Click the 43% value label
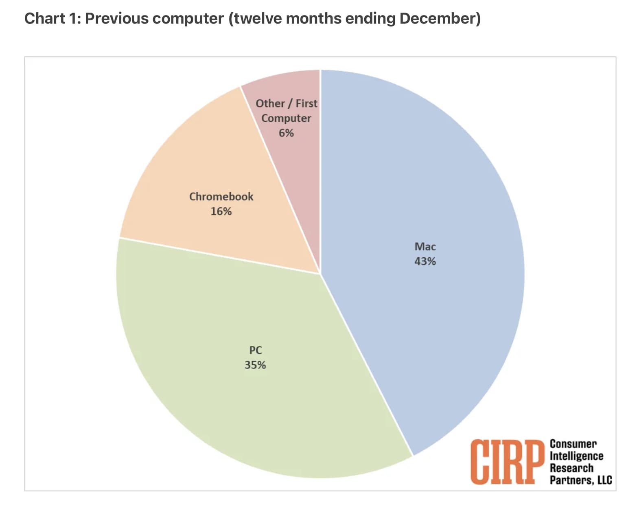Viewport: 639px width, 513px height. (x=425, y=261)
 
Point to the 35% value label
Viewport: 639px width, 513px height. (x=255, y=365)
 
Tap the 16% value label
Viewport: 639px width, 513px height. (x=221, y=211)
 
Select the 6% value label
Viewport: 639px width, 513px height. (x=286, y=133)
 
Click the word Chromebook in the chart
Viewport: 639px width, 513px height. (x=221, y=197)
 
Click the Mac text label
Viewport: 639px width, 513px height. (x=425, y=247)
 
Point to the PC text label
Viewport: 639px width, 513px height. (x=255, y=350)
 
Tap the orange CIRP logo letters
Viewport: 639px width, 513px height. (x=507, y=462)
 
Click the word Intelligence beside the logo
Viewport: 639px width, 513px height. (x=576, y=456)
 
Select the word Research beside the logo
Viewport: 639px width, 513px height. (x=571, y=468)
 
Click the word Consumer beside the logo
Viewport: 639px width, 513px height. (x=573, y=444)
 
